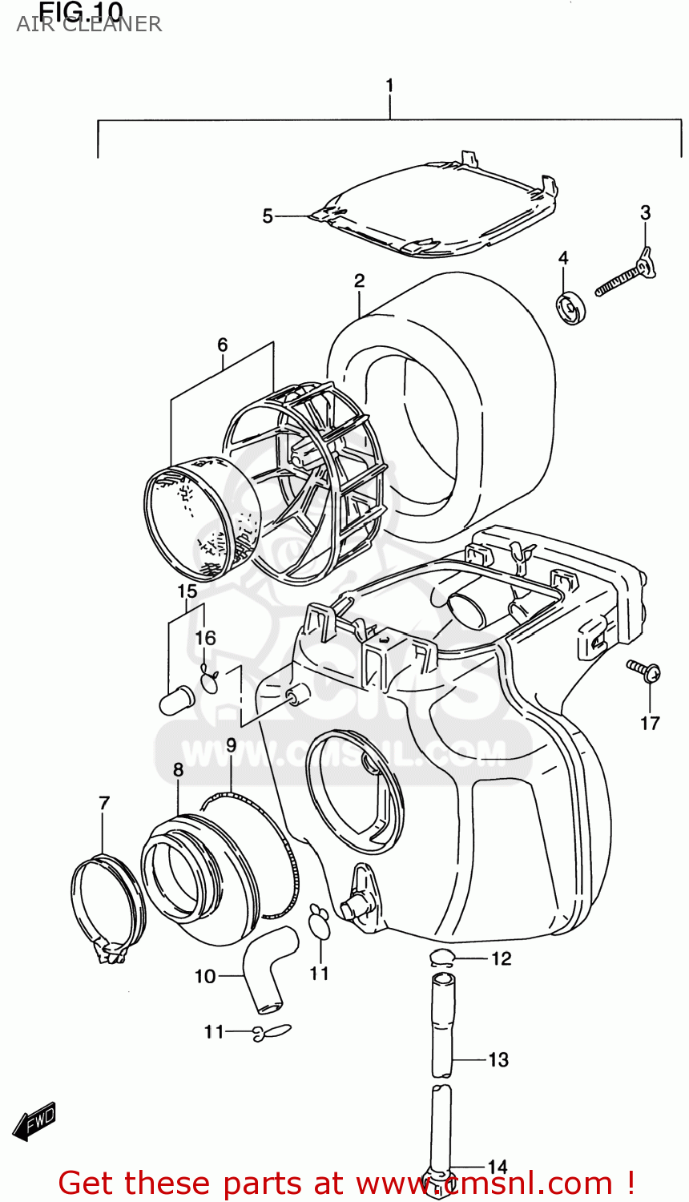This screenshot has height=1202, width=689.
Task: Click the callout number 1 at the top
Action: coord(390,86)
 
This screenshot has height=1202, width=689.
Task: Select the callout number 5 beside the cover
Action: coord(268,216)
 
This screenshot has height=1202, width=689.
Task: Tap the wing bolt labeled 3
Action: coord(626,276)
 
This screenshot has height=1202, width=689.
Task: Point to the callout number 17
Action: coord(650,723)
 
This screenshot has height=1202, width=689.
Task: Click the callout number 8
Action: coord(178,770)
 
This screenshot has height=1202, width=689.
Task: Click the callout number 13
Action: coord(498,1060)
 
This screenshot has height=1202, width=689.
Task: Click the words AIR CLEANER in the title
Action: coord(89,25)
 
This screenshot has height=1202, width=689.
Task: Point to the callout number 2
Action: coord(359,280)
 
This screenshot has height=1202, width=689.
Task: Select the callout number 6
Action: coord(222,345)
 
